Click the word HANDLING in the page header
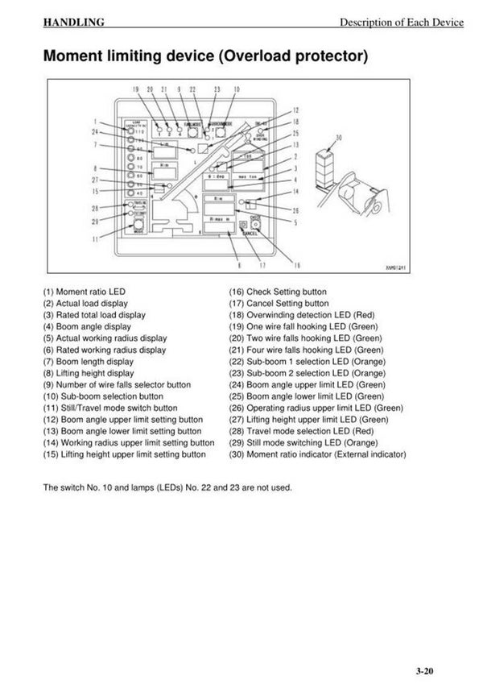(x=73, y=23)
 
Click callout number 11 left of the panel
(x=97, y=238)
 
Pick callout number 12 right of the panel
(x=295, y=110)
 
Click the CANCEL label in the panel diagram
(x=250, y=234)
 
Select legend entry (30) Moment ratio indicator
(x=317, y=455)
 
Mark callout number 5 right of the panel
(x=295, y=222)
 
